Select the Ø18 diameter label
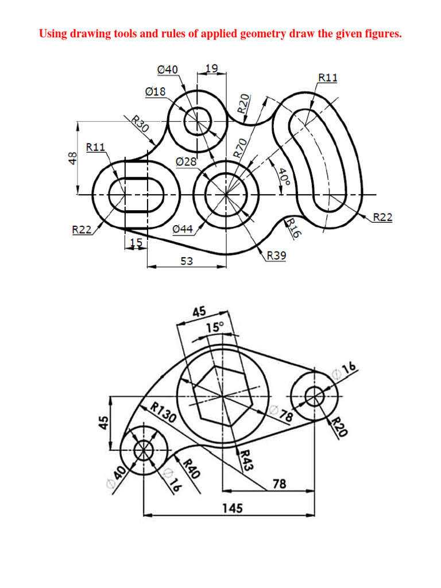155,91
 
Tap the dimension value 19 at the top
211,68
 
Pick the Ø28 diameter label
186,162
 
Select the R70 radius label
240,148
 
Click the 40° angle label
284,177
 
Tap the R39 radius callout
276,256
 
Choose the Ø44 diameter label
183,229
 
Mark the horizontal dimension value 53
187,261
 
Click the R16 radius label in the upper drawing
293,227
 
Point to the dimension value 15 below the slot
136,243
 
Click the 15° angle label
215,327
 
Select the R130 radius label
163,412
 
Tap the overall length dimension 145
233,508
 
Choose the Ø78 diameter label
283,414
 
